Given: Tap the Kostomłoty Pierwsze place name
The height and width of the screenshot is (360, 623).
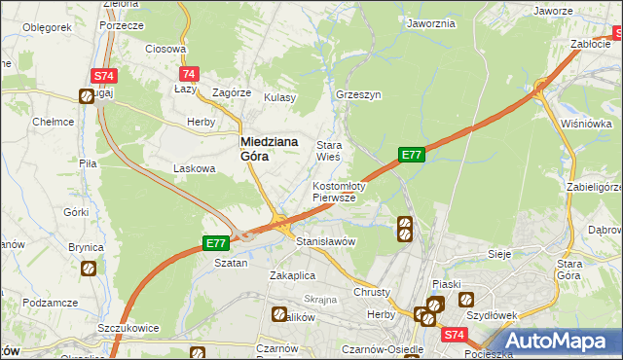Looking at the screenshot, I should (x=338, y=191).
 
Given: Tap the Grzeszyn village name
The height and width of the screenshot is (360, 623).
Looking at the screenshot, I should (x=357, y=95).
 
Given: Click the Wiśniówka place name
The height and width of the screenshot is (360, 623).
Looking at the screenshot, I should (x=585, y=124).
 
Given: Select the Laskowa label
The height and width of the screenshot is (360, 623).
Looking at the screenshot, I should (x=193, y=168).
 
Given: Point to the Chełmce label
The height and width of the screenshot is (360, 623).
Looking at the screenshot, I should (x=54, y=122).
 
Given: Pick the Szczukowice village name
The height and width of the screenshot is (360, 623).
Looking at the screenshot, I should (x=127, y=329).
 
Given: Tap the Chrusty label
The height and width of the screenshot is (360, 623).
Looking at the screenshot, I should (x=372, y=292).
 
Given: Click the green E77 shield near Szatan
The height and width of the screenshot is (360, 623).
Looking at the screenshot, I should (x=216, y=243).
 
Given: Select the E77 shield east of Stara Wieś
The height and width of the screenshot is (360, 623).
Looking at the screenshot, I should (x=411, y=154).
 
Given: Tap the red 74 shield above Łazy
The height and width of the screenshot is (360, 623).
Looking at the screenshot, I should (x=189, y=74).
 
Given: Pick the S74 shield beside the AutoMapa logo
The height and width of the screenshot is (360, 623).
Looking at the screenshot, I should (x=454, y=335).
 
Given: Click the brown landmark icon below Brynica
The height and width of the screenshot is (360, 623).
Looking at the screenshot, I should (x=88, y=269).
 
